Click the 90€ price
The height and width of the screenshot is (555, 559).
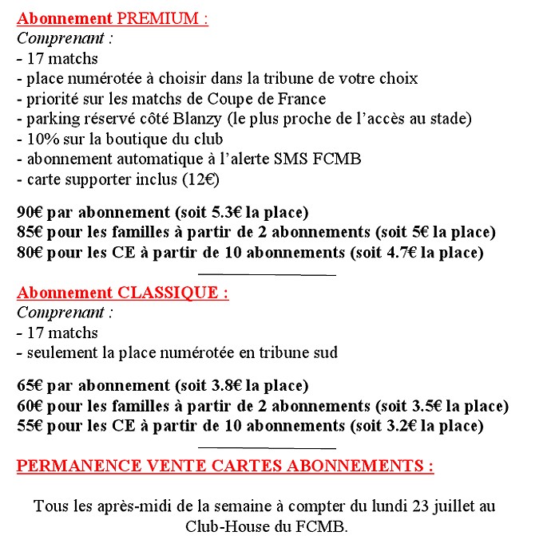tap(30, 213)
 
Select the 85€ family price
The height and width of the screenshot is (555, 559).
tap(30, 233)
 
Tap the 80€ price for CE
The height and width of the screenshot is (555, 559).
tap(30, 253)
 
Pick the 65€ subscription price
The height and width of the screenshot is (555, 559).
tap(30, 386)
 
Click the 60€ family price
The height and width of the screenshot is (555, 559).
tap(30, 406)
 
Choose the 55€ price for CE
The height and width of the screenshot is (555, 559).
tap(30, 426)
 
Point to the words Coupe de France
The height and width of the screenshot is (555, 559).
tap(276, 99)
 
